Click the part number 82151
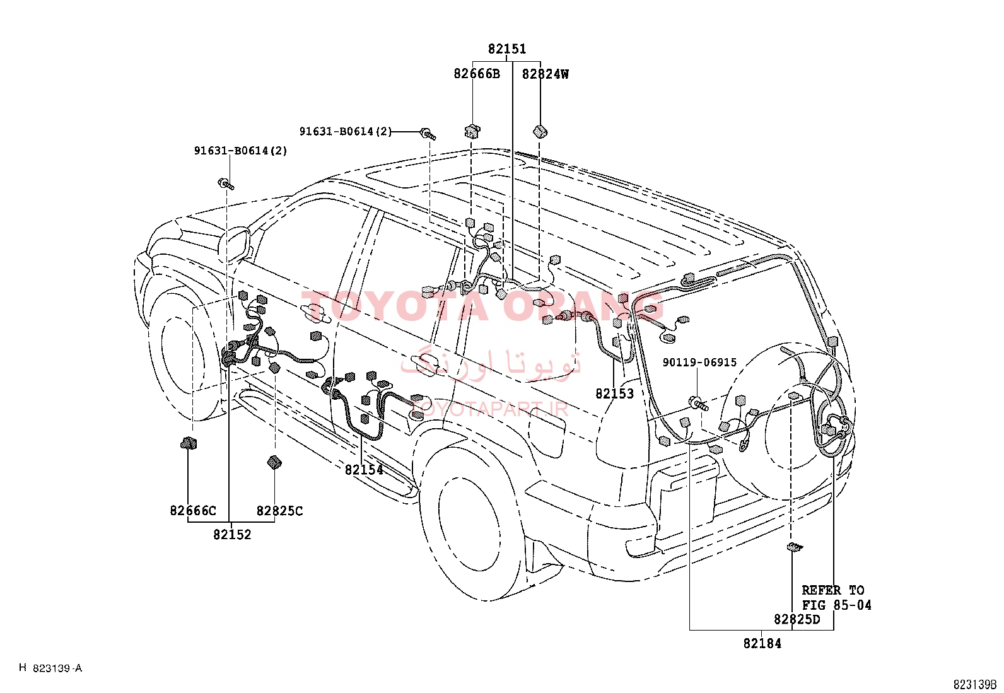[507, 49]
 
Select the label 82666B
[476, 74]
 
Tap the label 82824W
[545, 74]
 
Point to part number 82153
[614, 393]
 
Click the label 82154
[364, 470]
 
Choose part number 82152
[232, 534]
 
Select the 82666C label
[193, 511]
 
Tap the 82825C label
[279, 511]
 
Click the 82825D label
[797, 619]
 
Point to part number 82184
[762, 643]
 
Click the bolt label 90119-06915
[699, 362]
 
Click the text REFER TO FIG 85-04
[836, 598]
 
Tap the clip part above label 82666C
[188, 443]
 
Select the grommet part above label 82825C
[274, 462]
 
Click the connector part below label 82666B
[472, 131]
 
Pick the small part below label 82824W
[540, 132]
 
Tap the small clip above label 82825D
[795, 547]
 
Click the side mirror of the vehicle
[234, 245]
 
